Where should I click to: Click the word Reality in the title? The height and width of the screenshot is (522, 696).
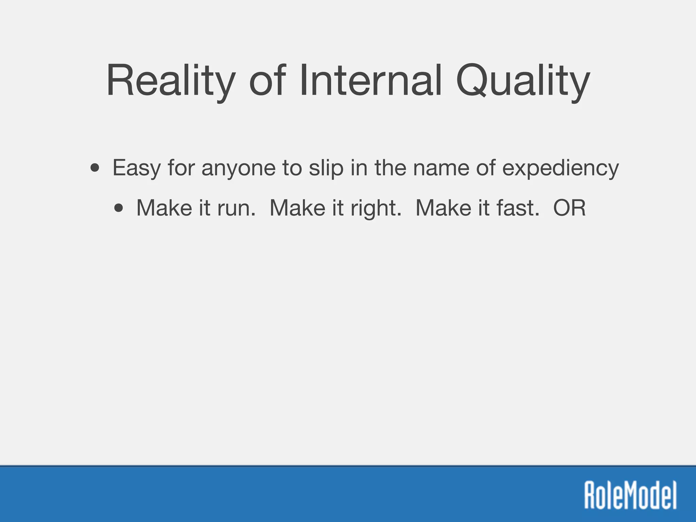[170, 82]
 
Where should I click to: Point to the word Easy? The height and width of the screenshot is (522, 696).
[136, 168]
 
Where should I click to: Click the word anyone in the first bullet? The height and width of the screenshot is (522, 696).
[238, 168]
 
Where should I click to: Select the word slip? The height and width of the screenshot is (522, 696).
[326, 168]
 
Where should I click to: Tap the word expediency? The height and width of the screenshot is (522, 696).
[560, 168]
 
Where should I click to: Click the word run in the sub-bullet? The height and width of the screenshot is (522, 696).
[236, 208]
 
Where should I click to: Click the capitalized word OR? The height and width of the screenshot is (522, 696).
[570, 208]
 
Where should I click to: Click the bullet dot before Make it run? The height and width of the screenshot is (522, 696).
[119, 208]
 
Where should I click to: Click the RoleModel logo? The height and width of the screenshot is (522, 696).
[630, 494]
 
